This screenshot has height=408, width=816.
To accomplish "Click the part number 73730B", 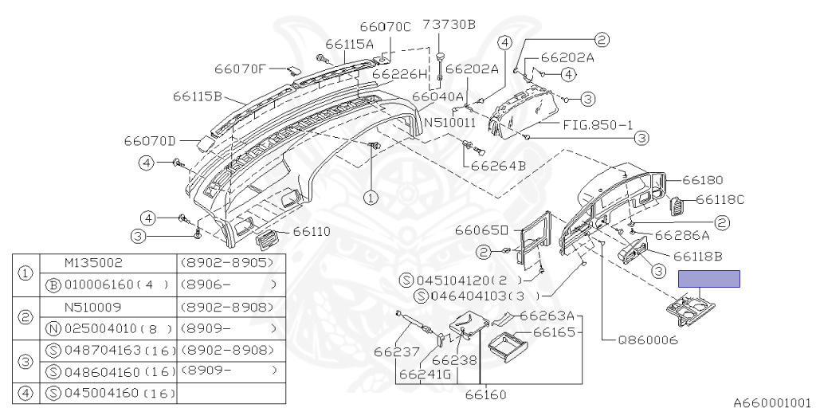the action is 449,25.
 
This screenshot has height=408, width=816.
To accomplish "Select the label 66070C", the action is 386,26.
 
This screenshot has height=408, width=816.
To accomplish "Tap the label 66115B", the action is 198,96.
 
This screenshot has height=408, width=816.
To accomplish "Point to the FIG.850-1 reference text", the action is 598,125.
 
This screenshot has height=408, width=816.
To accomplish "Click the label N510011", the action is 450,124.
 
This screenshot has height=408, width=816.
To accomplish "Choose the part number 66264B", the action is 499,166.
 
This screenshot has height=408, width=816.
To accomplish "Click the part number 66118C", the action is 720,199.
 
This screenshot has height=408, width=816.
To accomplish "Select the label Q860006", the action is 648,340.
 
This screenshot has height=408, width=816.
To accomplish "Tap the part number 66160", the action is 485,395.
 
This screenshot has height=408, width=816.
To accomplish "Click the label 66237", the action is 397,352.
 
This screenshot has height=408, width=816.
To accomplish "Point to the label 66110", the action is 312,231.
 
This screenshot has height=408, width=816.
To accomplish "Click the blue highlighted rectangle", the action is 708,279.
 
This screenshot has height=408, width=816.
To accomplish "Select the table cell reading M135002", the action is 94,263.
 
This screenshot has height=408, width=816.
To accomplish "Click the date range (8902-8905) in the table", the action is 226,263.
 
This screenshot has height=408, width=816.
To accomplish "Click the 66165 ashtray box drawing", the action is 508,343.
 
